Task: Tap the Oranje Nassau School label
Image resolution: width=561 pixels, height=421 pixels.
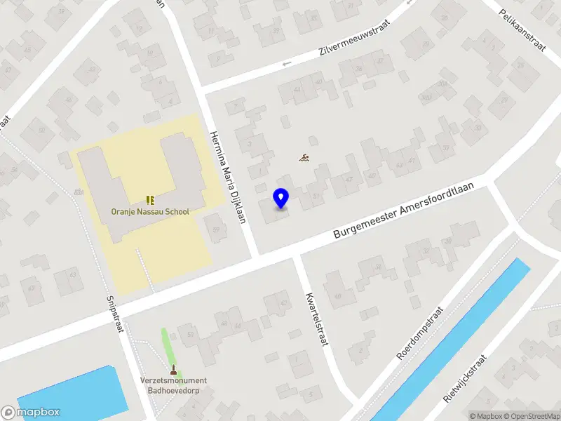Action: (150, 212)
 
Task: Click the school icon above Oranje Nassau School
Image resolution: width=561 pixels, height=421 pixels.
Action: (149, 200)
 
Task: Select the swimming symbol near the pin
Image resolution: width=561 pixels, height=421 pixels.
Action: (304, 159)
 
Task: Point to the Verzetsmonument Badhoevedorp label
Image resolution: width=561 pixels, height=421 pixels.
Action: (173, 385)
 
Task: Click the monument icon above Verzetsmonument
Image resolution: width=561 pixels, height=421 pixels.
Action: (173, 369)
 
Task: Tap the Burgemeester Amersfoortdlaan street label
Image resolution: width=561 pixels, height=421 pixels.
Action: (405, 211)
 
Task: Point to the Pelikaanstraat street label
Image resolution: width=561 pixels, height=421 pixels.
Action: (522, 31)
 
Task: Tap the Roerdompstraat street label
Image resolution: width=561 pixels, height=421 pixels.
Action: (421, 333)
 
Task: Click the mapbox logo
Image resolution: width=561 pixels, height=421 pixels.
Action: (31, 413)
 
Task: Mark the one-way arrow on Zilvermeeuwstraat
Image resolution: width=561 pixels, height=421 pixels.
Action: (286, 65)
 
